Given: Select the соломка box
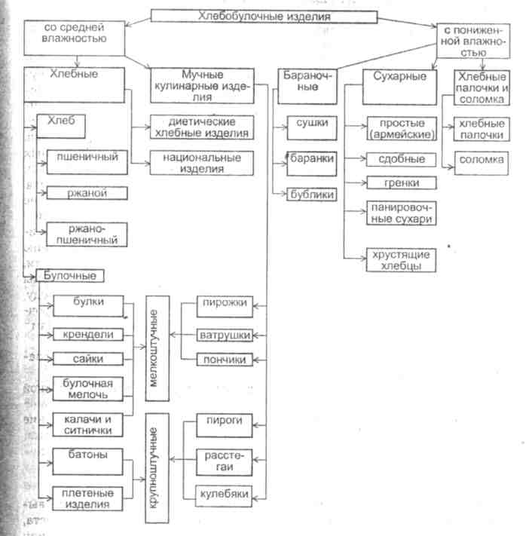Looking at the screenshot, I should tap(482, 160).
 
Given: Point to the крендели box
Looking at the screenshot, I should tap(89, 334).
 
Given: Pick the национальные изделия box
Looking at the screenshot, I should tap(200, 163).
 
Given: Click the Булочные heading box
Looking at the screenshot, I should tap(69, 276).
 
